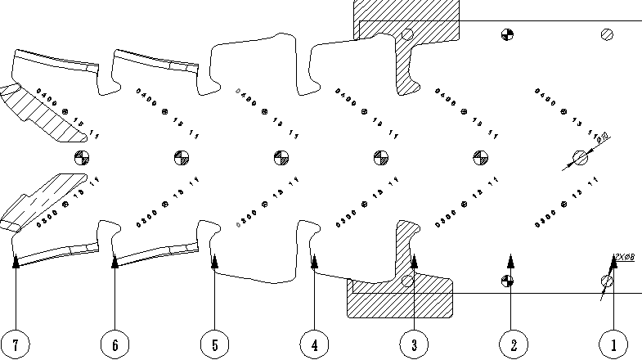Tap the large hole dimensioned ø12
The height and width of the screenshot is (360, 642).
click(x=581, y=157)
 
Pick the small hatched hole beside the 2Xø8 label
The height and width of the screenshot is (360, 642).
click(x=607, y=281)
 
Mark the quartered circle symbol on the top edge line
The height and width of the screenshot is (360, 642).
click(x=507, y=34)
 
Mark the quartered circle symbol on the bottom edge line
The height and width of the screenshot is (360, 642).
click(x=507, y=281)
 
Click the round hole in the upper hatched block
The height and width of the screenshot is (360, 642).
click(x=407, y=34)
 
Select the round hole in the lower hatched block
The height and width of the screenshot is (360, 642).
click(x=407, y=281)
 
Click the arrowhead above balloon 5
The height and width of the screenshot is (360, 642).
click(x=214, y=260)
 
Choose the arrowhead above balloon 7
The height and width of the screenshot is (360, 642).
click(x=16, y=260)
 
